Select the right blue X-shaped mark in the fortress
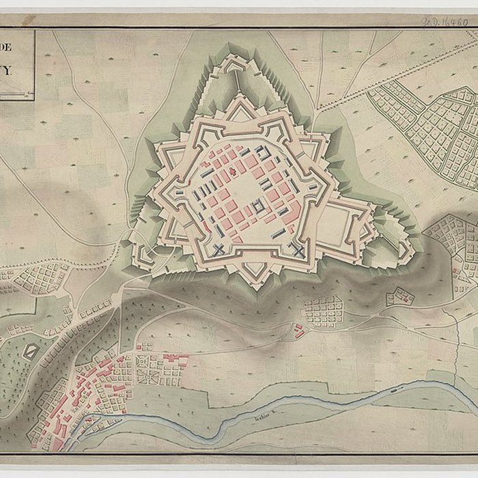pyautogui.click(x=298, y=249)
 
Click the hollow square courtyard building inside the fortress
pyautogui.click(x=258, y=206)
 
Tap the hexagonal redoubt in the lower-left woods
pyautogui.click(x=30, y=352)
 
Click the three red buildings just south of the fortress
pyautogui.click(x=299, y=332)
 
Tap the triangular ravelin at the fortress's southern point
pyautogui.click(x=256, y=271)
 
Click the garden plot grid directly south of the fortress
pyautogui.click(x=322, y=311)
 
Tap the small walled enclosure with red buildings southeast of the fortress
pyautogui.click(x=400, y=296)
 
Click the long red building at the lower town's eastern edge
pyautogui.click(x=176, y=358)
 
